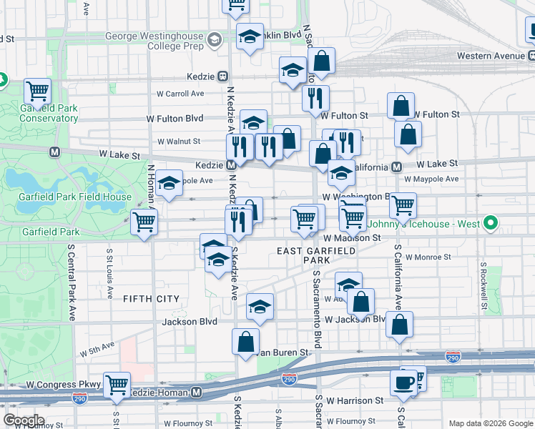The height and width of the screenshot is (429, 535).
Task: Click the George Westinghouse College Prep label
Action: click(154, 41)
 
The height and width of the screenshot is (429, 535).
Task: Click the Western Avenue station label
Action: click(491, 55)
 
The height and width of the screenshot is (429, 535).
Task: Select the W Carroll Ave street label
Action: click(180, 94)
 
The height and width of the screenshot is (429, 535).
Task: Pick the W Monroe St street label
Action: click(428, 256)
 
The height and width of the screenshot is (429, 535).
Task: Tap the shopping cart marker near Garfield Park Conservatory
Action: click(37, 92)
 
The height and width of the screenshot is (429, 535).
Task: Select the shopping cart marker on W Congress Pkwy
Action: click(117, 385)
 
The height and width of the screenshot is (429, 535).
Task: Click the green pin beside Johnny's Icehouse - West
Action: click(490, 225)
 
